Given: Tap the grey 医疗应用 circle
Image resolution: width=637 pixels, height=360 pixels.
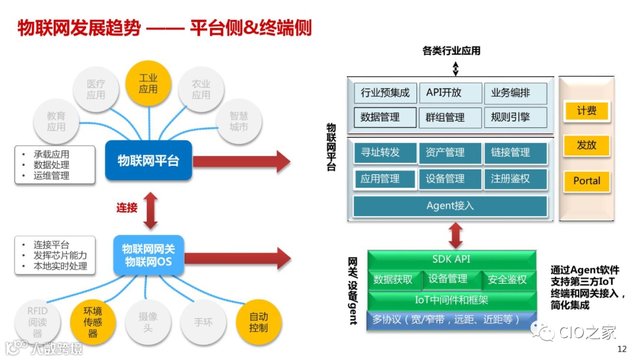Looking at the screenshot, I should pyautogui.click(x=96, y=90).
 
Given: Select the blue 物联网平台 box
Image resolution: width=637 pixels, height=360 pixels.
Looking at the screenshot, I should pyautogui.click(x=149, y=161).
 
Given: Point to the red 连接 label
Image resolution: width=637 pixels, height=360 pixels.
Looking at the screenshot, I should pyautogui.click(x=127, y=208).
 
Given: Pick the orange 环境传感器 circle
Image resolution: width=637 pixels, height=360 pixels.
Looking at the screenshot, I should pyautogui.click(x=93, y=322).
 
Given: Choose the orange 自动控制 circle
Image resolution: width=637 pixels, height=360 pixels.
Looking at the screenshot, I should pyautogui.click(x=258, y=322).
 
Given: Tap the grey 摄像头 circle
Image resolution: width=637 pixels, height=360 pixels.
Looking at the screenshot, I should pyautogui.click(x=148, y=322).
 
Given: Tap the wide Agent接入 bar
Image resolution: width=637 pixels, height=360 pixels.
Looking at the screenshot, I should pyautogui.click(x=450, y=206).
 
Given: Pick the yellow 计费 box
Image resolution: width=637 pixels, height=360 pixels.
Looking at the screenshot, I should pyautogui.click(x=586, y=111).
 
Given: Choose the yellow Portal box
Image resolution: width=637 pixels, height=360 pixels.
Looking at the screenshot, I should pyautogui.click(x=586, y=181).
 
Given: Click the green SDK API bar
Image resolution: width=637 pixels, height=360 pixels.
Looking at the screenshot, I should pyautogui.click(x=452, y=259).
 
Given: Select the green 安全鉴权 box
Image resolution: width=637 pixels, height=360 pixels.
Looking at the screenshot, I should pyautogui.click(x=508, y=280).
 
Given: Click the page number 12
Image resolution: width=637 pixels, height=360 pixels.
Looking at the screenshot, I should pyautogui.click(x=622, y=349).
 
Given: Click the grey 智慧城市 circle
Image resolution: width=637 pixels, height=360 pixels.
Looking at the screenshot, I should pyautogui.click(x=239, y=122).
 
